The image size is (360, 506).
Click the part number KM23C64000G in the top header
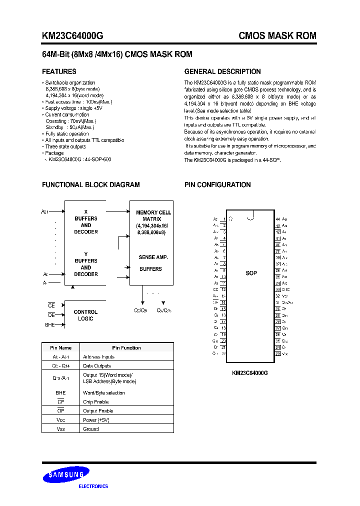coord(72,36)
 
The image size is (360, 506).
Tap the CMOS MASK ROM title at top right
coord(277,36)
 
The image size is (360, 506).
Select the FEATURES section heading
coord(59,71)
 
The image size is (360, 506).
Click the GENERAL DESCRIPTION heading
coord(222,71)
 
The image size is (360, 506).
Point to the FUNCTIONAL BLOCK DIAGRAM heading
coord(90,184)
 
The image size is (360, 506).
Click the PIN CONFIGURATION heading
coord(217,184)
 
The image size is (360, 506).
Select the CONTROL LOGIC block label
coord(85,315)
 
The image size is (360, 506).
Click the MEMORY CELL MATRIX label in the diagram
coord(153,215)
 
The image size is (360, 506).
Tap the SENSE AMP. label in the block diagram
coord(153,257)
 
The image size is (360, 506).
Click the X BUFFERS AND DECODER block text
coord(86,222)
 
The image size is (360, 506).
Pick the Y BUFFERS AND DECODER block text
coord(86,264)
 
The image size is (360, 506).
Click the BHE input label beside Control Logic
coord(49,324)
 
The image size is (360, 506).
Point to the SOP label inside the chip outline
coord(251,273)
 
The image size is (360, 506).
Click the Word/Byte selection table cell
coord(104,392)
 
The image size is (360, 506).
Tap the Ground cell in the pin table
coord(91,429)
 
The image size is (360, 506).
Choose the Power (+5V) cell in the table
coord(96,420)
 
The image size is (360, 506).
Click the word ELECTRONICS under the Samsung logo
coord(94,486)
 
